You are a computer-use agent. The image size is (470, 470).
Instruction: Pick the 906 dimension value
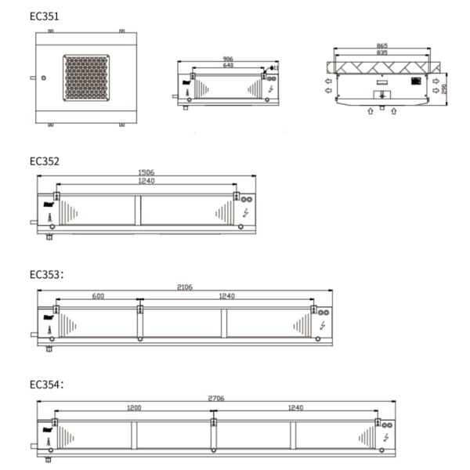(x=228, y=59)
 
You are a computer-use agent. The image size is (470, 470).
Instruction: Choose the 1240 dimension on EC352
(x=146, y=182)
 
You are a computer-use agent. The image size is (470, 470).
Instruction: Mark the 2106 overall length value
(x=186, y=287)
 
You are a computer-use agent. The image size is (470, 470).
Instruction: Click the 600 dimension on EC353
(x=96, y=295)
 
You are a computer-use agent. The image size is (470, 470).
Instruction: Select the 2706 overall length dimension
(x=216, y=399)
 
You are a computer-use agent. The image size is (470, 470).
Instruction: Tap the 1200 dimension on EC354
(x=134, y=407)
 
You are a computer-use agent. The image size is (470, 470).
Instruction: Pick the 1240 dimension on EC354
(x=295, y=407)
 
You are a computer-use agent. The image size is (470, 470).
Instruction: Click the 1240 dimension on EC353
(x=226, y=295)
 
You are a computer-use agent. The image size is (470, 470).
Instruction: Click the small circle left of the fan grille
(x=45, y=77)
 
